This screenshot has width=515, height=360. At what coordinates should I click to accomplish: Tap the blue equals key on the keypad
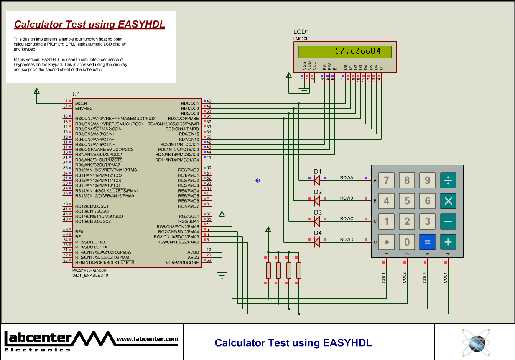(x=427, y=241)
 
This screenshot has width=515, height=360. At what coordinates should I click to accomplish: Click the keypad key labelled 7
(x=386, y=180)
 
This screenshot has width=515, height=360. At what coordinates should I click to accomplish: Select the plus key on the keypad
(x=448, y=241)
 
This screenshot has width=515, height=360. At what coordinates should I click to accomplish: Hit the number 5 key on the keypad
(x=407, y=201)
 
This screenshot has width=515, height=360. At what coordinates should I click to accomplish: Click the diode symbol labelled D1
(x=316, y=180)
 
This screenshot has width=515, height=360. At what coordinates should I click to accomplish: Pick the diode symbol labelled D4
(x=316, y=241)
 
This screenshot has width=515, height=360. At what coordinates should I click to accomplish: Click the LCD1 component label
(x=301, y=32)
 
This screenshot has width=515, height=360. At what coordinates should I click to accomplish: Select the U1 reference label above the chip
(x=76, y=94)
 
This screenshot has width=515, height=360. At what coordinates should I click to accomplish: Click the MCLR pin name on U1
(x=81, y=103)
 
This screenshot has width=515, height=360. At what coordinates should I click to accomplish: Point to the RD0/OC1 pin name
(x=190, y=103)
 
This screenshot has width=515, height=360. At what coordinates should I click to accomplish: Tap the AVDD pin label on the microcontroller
(x=193, y=252)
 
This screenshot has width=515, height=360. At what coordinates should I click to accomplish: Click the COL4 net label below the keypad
(x=445, y=278)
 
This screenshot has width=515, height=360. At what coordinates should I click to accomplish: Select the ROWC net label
(x=347, y=219)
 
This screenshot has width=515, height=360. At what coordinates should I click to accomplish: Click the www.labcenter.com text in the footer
(x=147, y=339)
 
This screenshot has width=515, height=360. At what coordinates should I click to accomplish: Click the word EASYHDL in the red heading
(x=141, y=24)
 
